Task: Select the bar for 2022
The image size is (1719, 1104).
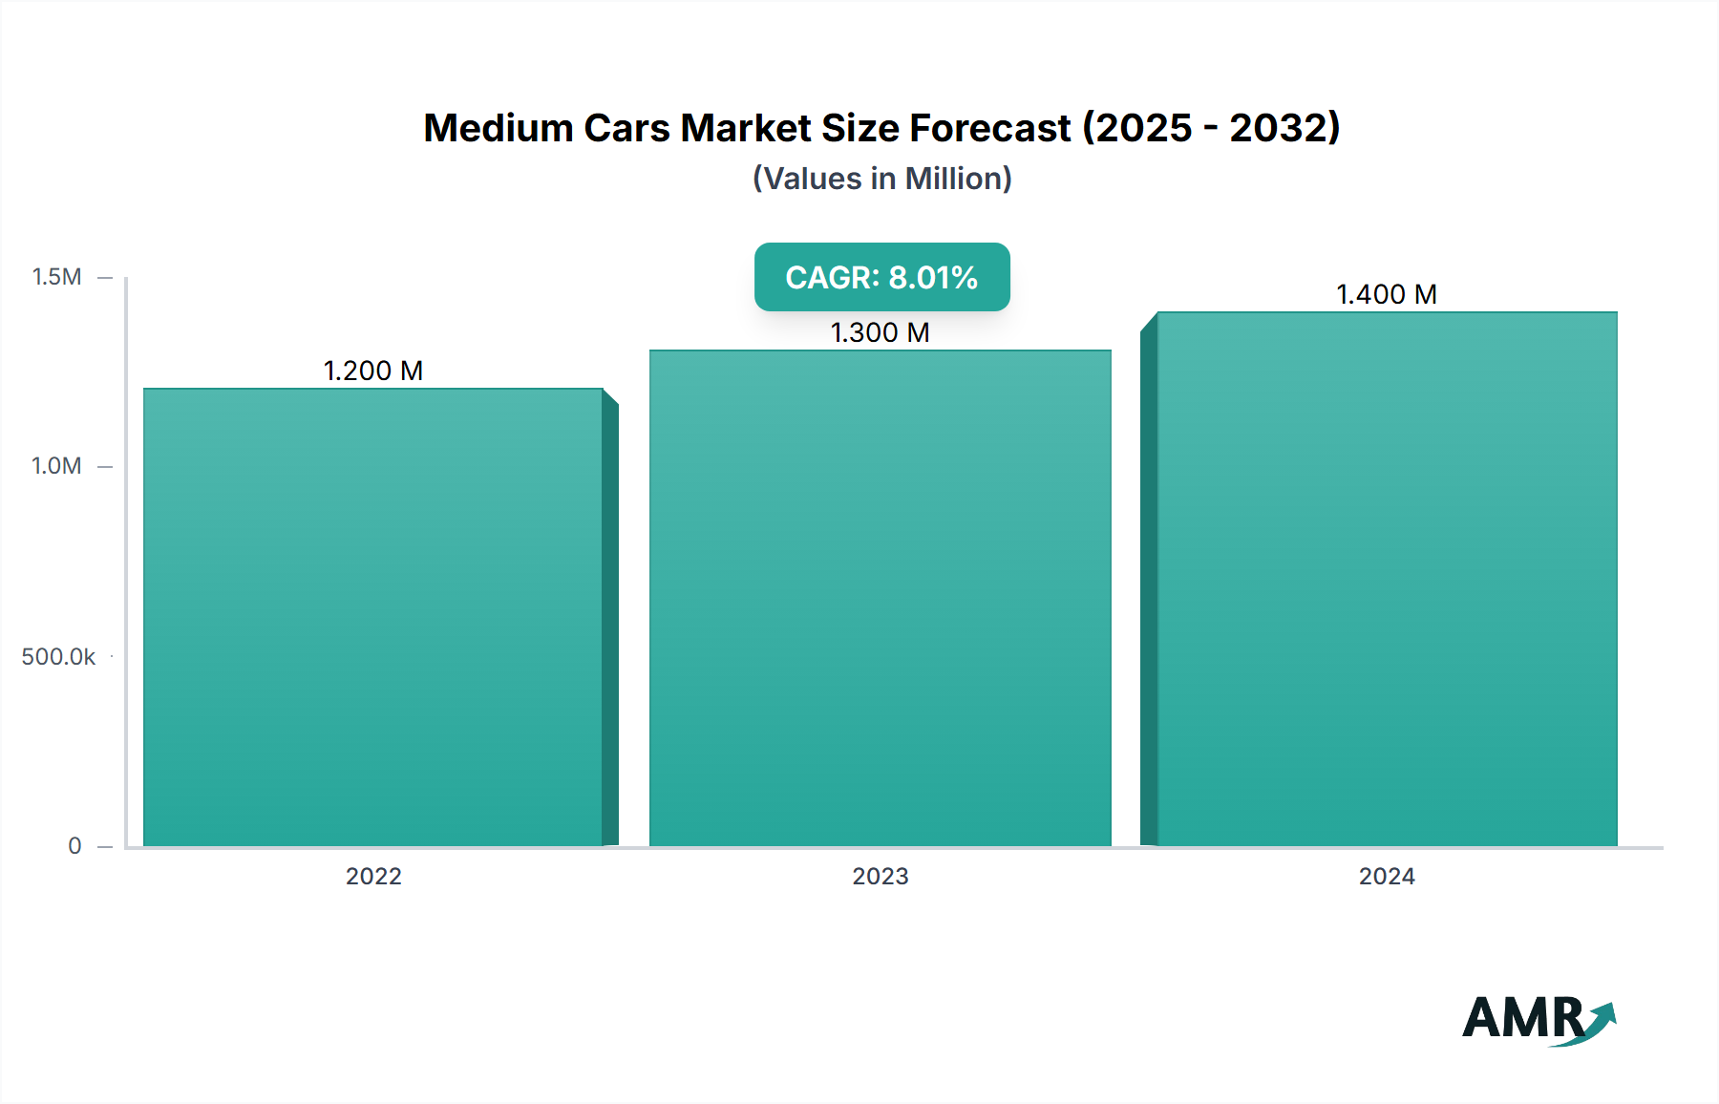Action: point(372,617)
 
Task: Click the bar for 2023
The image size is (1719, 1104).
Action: point(880,598)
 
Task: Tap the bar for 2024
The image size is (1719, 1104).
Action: point(1387,579)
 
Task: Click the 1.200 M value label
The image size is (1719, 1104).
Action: point(372,371)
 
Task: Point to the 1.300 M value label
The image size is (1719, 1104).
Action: point(880,332)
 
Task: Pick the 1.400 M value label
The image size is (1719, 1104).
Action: point(1387,294)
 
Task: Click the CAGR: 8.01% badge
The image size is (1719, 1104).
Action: point(881,277)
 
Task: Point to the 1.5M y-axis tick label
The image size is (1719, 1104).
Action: point(56,277)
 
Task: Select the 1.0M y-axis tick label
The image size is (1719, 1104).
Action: point(56,466)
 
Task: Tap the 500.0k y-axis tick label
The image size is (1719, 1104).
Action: point(58,657)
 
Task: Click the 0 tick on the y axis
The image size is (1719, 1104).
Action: point(74,846)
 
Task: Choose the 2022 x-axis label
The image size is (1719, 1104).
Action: point(373,877)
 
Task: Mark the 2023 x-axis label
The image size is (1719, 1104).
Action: point(880,877)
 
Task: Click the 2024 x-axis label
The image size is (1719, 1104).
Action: point(1387,877)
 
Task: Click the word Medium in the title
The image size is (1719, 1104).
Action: point(498,128)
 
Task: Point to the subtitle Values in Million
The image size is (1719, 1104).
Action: point(881,179)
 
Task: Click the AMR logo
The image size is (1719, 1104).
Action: point(1526,1018)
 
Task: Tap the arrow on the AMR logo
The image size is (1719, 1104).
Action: point(1601,1020)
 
